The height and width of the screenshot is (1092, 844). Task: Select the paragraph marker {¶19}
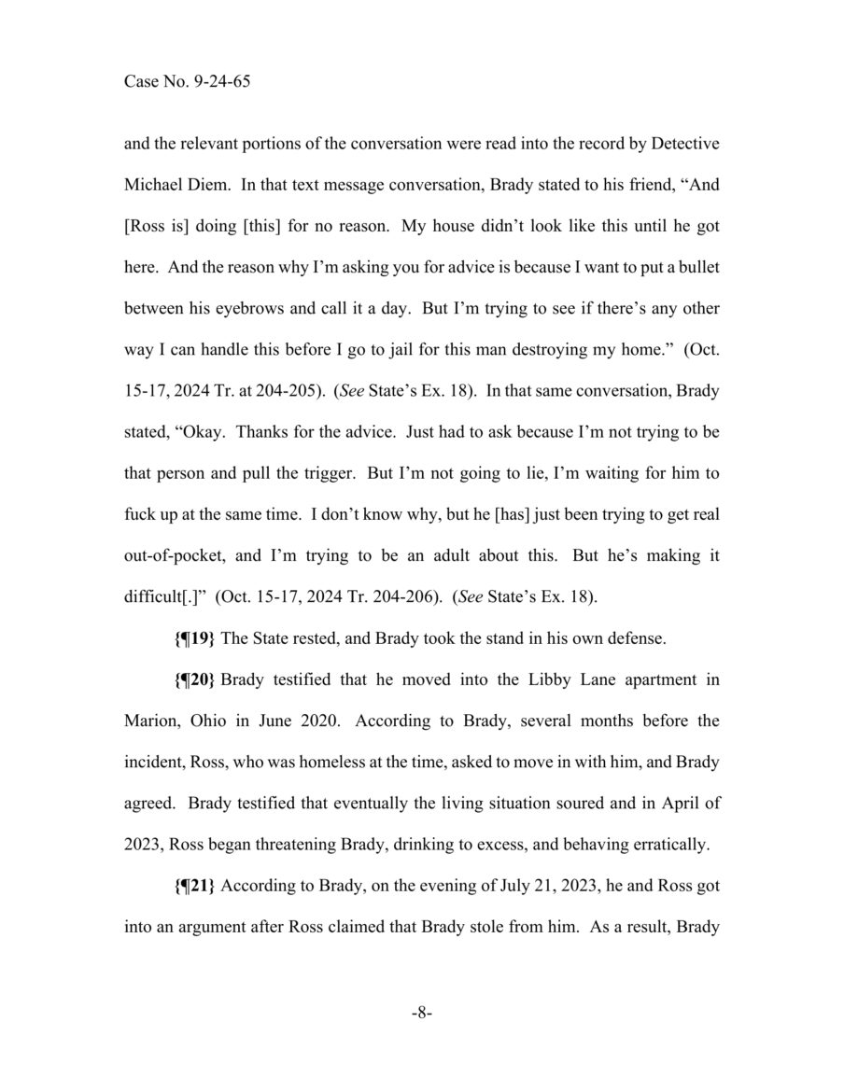coord(195,639)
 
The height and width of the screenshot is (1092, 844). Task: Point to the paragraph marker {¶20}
coord(195,679)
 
